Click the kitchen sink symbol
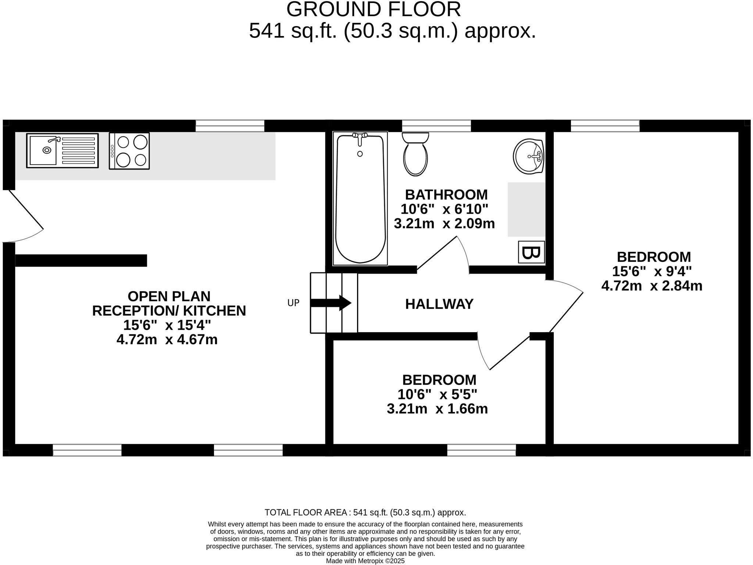tap(62, 151)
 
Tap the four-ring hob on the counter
tap(129, 151)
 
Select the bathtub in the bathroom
tap(360, 199)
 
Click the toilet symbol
tap(415, 154)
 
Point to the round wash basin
tap(529, 156)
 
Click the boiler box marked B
tap(531, 252)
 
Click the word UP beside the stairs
tap(293, 303)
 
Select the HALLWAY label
tap(439, 304)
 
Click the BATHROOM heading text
tap(446, 195)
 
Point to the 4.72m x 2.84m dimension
tap(652, 286)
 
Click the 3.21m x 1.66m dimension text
tap(437, 409)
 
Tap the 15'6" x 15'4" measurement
tap(167, 325)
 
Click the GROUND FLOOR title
tap(373, 10)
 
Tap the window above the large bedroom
tap(605, 126)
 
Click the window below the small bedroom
tap(481, 450)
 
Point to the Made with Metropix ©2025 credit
tap(365, 561)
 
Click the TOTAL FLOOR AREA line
tap(365, 512)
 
